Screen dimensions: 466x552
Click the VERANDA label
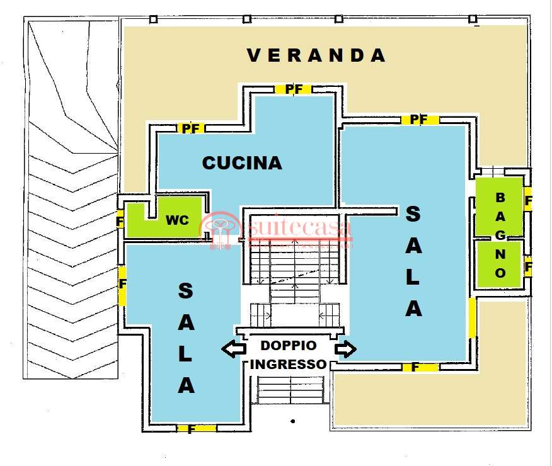tap(316, 55)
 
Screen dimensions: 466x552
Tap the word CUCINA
tap(241, 163)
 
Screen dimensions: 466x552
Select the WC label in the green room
tap(177, 220)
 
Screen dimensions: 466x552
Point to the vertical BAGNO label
tap(500, 236)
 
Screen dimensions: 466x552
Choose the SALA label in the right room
tap(413, 261)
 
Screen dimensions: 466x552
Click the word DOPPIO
tap(289, 345)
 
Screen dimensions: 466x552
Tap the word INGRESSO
tap(289, 364)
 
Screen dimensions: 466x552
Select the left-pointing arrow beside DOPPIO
tap(234, 348)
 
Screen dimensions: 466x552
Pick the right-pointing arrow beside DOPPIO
tap(345, 348)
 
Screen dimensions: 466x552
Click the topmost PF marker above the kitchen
tap(294, 89)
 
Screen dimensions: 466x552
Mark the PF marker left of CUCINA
tap(190, 128)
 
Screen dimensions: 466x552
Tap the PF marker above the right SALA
tap(419, 119)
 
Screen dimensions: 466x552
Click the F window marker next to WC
tap(120, 222)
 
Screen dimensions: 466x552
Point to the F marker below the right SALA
tap(415, 367)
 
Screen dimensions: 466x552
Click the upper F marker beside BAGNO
tap(528, 202)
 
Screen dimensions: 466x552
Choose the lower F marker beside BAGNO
tap(528, 267)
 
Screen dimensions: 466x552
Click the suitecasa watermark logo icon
tap(220, 230)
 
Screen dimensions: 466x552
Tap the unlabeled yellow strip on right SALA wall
tap(471, 317)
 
